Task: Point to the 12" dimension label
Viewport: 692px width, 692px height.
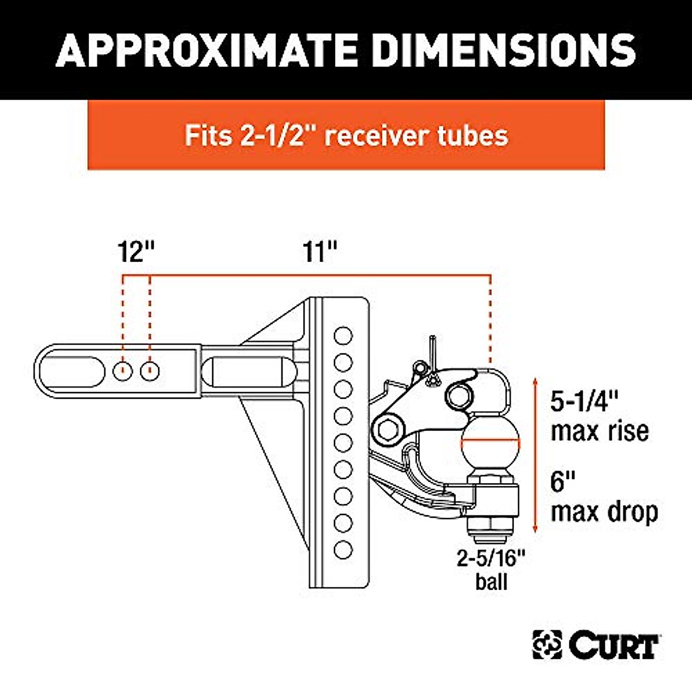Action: [x=137, y=252]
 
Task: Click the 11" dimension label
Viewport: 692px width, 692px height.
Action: [x=319, y=252]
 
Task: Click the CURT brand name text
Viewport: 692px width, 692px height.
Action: [x=614, y=646]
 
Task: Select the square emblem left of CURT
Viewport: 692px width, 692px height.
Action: [x=547, y=645]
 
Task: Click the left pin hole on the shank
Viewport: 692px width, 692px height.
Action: [x=122, y=371]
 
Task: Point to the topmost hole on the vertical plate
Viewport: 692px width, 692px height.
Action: [x=343, y=335]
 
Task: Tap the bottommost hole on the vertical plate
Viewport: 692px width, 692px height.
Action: [x=343, y=550]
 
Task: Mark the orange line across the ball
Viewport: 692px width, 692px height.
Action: [x=491, y=442]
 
